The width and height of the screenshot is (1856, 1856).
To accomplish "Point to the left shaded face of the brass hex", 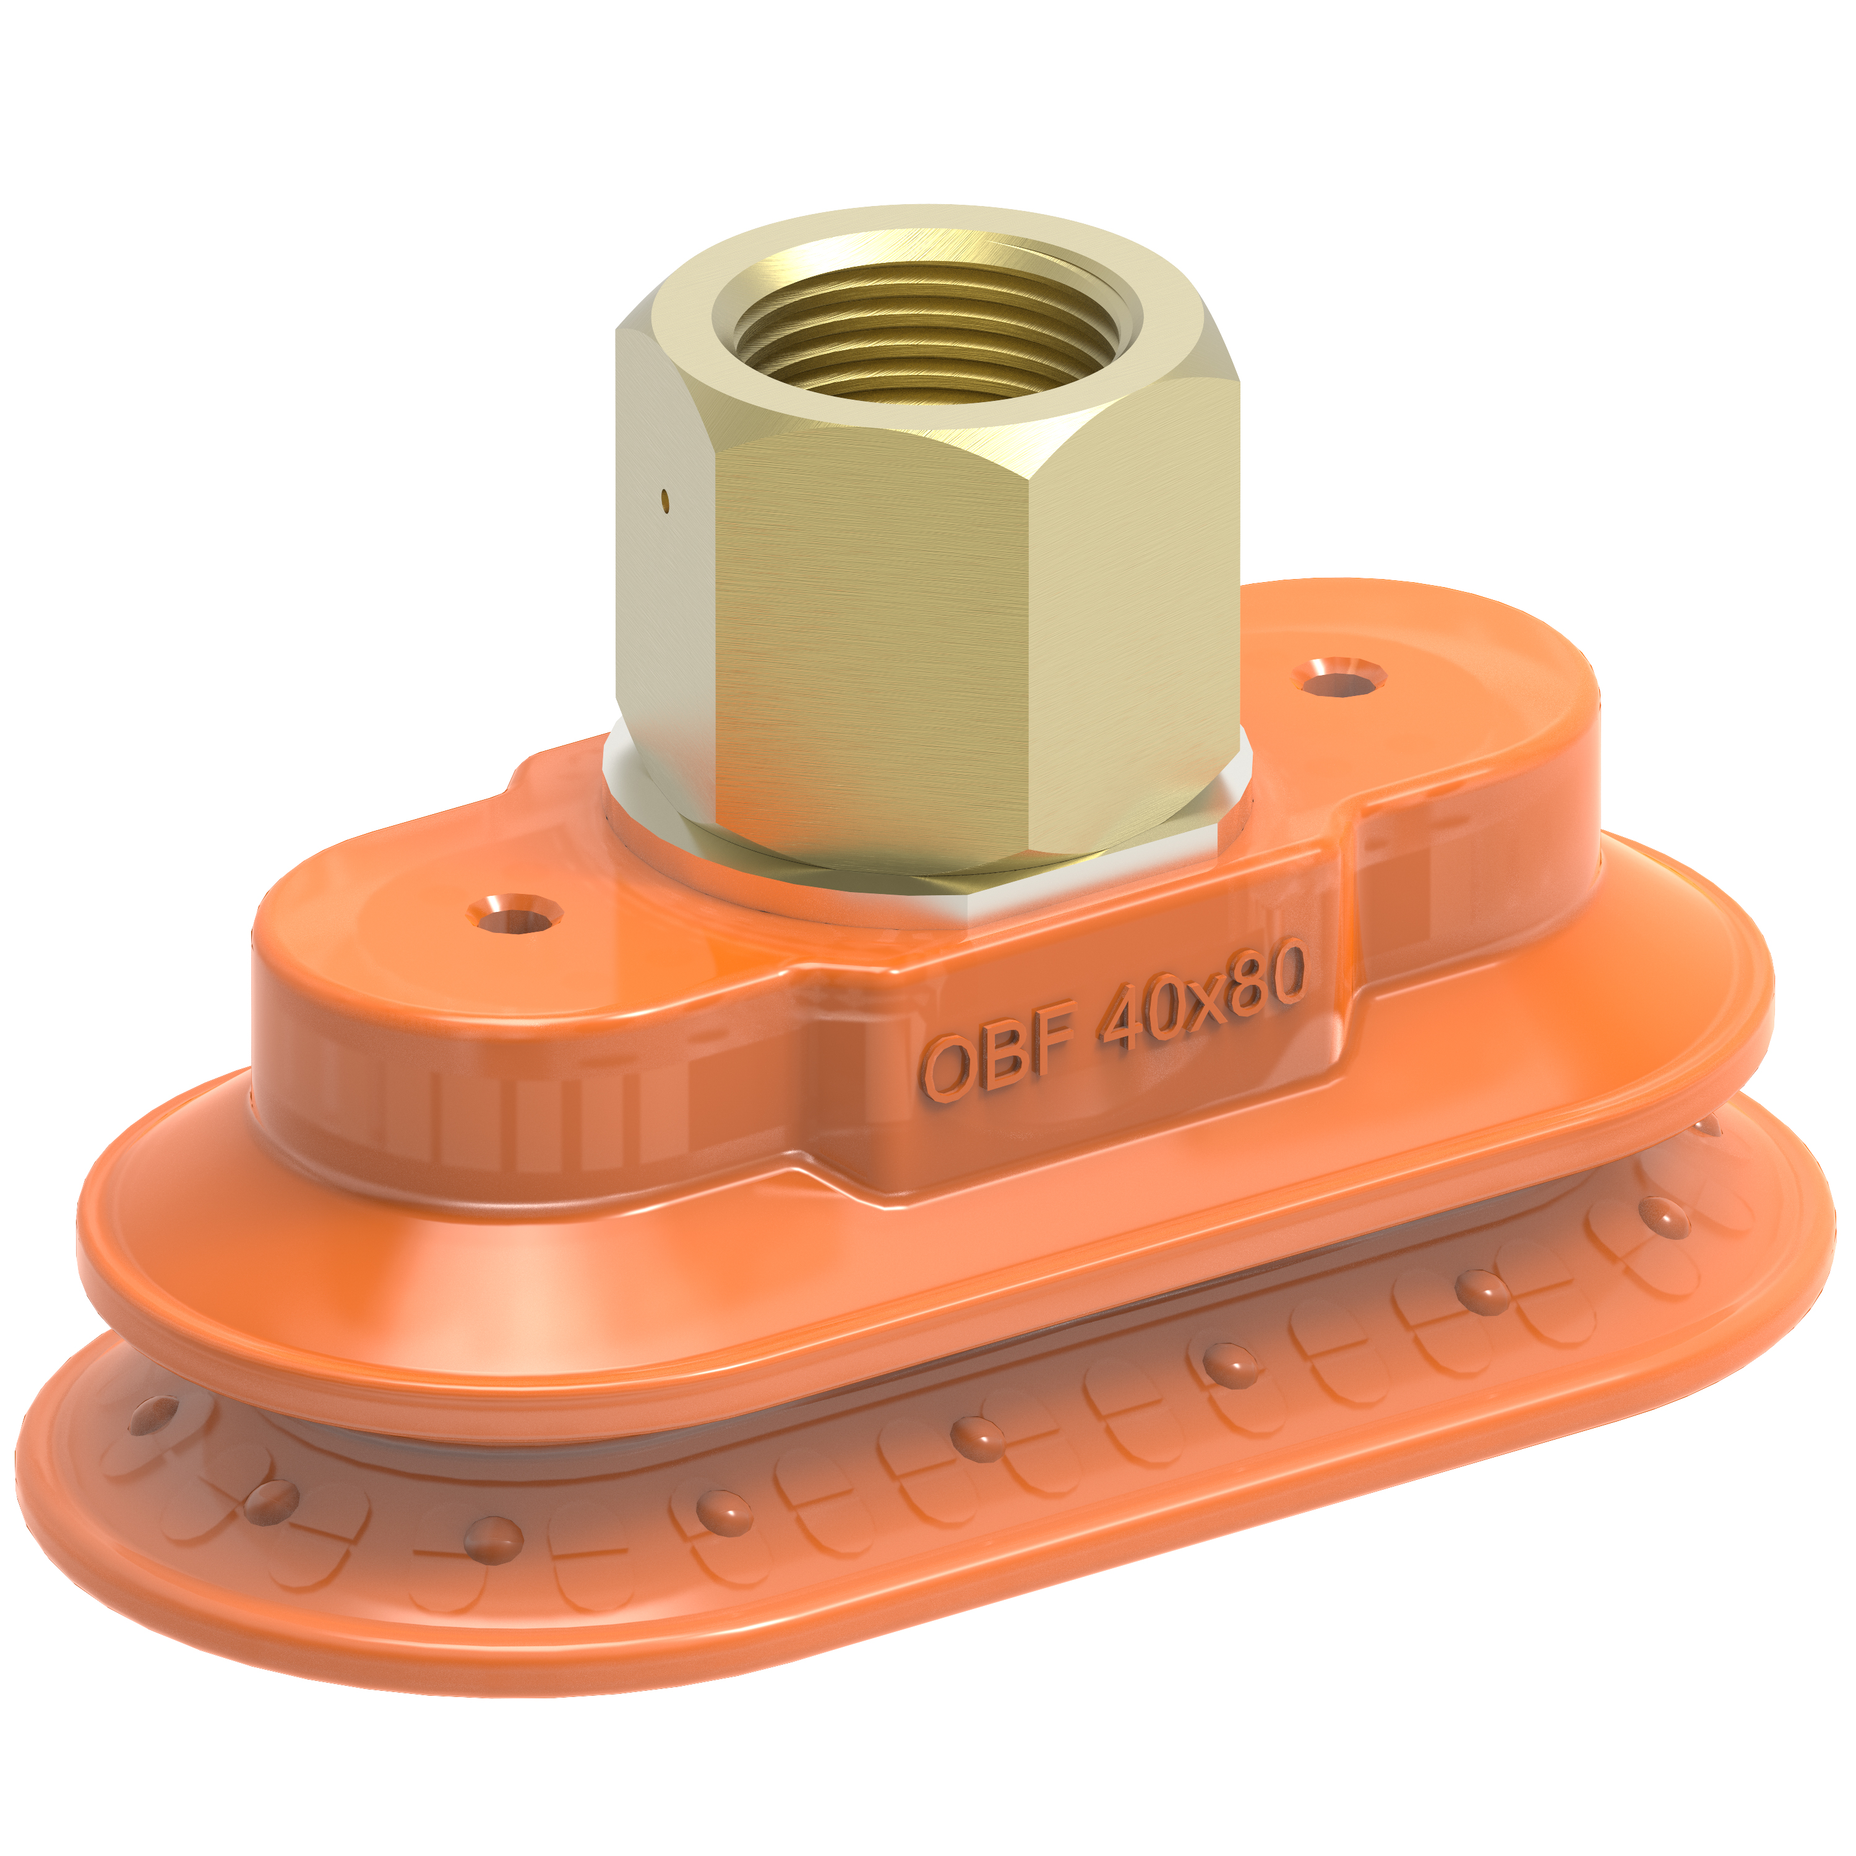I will point(663,596).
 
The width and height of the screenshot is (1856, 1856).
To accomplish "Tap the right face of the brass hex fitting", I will point(1133,615).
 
